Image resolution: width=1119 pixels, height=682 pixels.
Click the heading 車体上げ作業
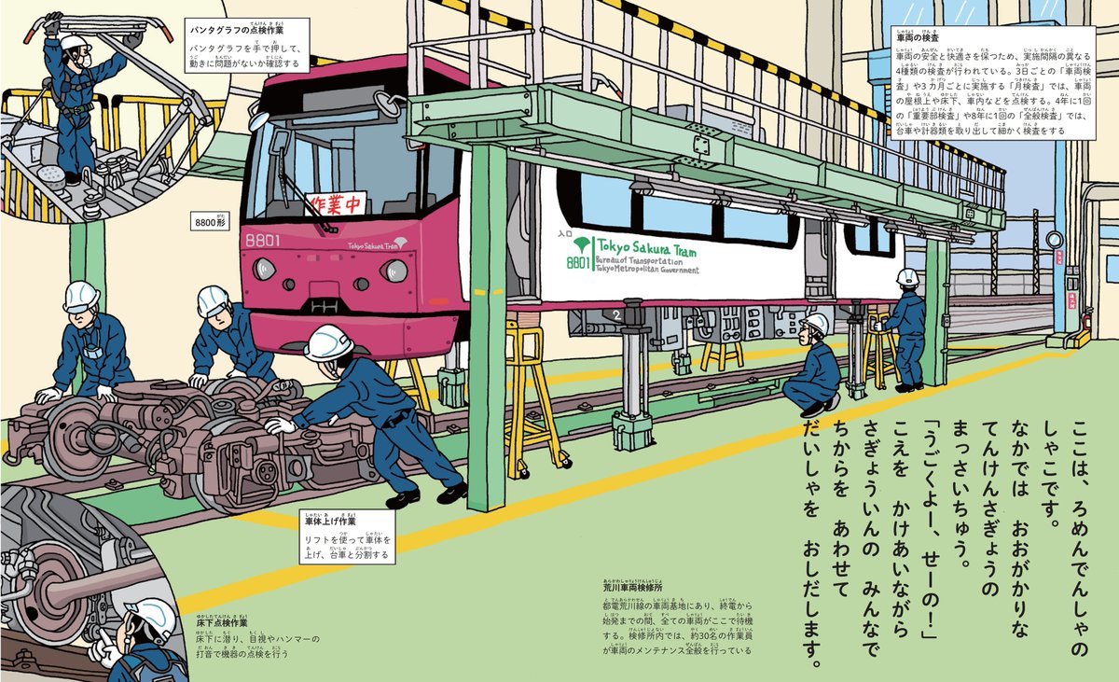[x=330, y=521]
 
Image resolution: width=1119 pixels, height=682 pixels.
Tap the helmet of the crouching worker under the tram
[x=814, y=323]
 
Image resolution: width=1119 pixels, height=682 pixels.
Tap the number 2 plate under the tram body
[x=616, y=316]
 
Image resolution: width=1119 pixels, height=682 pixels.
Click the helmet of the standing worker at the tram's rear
[x=906, y=276]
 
